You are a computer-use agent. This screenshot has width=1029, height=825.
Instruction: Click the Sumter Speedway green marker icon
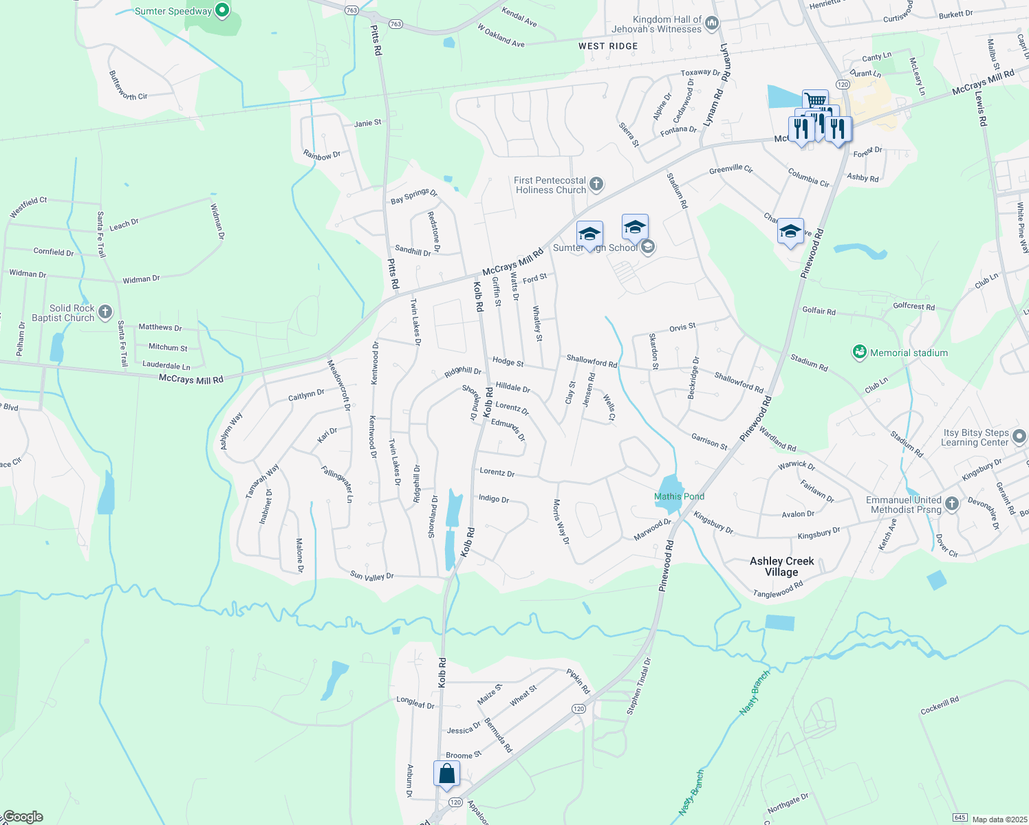click(x=221, y=10)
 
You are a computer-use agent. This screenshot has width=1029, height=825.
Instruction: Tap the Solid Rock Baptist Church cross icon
click(x=105, y=313)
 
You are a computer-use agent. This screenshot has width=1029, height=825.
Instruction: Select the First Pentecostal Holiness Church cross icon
click(x=596, y=184)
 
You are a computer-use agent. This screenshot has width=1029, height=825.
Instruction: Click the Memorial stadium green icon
click(x=859, y=353)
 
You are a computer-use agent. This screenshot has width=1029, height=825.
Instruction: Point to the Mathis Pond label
click(x=679, y=496)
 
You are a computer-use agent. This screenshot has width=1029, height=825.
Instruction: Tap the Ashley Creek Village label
click(x=781, y=566)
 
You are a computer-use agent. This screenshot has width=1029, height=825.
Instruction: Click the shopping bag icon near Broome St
click(x=446, y=773)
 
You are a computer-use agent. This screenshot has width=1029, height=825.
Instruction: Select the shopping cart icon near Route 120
click(x=815, y=101)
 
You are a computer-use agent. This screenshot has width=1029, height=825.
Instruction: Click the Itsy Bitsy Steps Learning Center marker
click(x=1019, y=437)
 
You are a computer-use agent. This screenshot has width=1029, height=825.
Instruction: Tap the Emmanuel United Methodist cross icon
click(x=952, y=504)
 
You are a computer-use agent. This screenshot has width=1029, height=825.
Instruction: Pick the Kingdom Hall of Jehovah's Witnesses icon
click(x=712, y=23)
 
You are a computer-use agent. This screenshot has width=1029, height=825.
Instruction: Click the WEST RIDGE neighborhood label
click(x=608, y=46)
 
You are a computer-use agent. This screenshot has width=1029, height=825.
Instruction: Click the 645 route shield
click(x=960, y=817)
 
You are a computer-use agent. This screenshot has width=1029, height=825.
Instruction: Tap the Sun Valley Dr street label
click(x=371, y=576)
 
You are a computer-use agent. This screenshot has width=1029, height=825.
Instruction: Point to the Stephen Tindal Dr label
click(x=638, y=686)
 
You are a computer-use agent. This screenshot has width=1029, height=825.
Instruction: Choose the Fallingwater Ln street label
click(x=337, y=483)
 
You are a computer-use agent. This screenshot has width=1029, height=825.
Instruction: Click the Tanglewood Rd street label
click(x=778, y=590)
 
